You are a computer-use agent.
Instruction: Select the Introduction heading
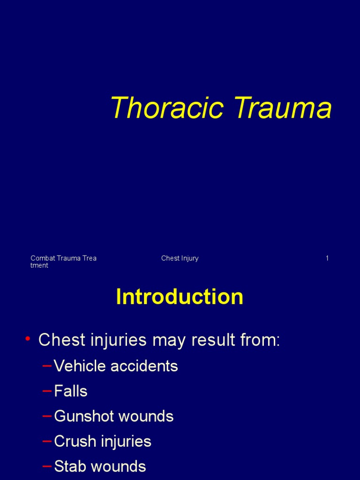[x=180, y=297]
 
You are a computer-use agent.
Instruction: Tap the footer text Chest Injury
[x=180, y=258]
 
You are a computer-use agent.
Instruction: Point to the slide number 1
[x=327, y=258]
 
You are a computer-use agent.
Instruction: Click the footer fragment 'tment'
[x=39, y=266]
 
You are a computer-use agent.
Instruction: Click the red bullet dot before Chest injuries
[x=29, y=339]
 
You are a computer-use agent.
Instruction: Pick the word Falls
[x=71, y=391]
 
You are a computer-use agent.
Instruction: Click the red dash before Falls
[x=47, y=391]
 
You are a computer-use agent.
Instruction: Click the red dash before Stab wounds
[x=47, y=466]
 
